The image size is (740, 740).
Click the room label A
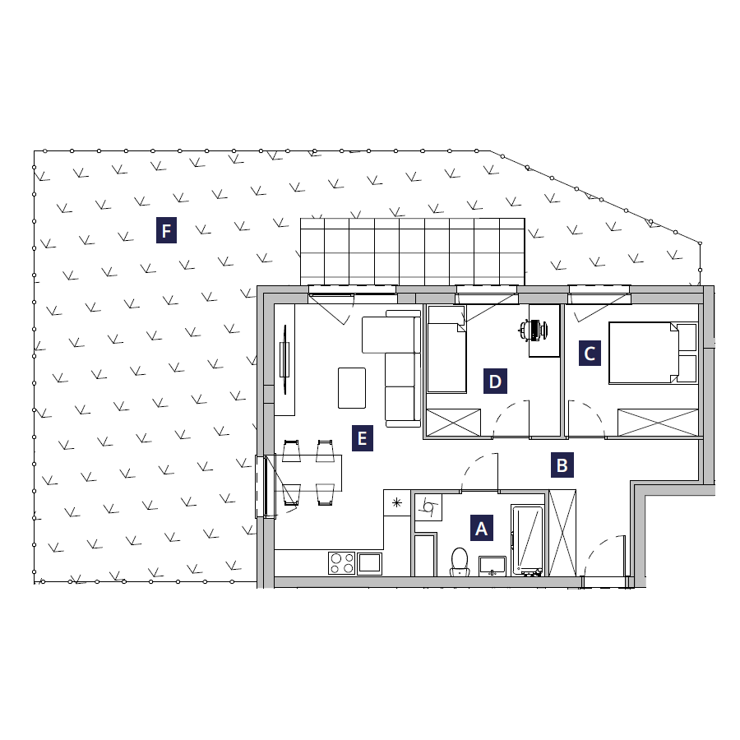click(481, 528)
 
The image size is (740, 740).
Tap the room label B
click(562, 465)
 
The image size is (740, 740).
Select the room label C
click(590, 354)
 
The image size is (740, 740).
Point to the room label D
click(495, 382)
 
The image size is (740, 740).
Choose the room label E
click(363, 438)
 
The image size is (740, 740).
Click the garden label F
click(166, 230)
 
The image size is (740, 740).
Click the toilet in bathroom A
click(459, 562)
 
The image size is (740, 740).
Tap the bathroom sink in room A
click(493, 566)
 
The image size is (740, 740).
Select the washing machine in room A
click(428, 507)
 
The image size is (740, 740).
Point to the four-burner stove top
click(342, 563)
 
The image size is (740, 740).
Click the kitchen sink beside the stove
click(369, 563)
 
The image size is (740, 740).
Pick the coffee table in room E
click(352, 388)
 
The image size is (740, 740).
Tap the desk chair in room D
click(533, 330)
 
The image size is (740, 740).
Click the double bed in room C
click(653, 353)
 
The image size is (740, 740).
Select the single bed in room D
click(446, 349)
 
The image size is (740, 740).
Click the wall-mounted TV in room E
click(284, 359)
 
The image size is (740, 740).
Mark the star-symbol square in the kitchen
click(397, 502)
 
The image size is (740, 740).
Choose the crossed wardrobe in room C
click(658, 423)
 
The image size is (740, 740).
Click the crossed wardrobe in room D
click(453, 423)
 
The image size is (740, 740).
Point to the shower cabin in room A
click(527, 541)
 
